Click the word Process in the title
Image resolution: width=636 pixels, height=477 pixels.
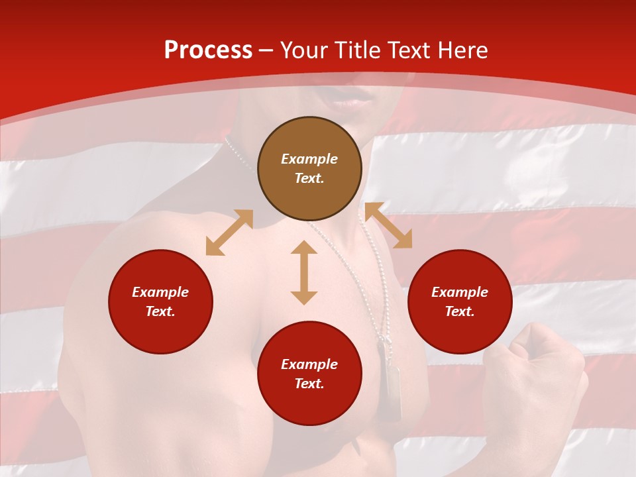tap(208, 50)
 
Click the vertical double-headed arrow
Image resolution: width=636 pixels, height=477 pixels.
tap(304, 272)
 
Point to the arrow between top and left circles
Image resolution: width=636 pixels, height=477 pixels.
tap(229, 233)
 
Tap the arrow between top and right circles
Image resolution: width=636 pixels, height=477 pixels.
tap(388, 225)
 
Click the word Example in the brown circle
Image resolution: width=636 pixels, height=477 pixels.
tap(309, 159)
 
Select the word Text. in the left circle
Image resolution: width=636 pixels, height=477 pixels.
tap(160, 311)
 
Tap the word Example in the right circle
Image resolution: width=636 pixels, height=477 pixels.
tap(460, 292)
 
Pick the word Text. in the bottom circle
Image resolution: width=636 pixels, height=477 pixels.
tap(309, 384)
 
